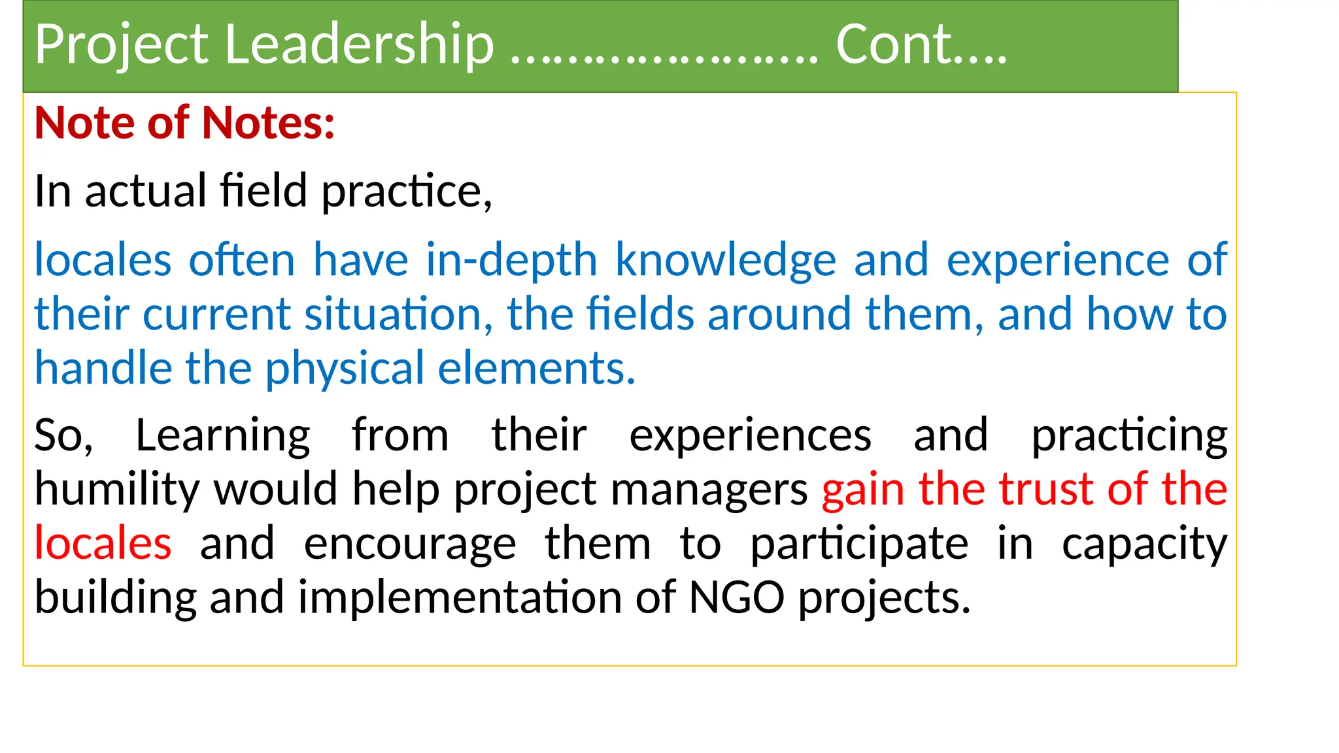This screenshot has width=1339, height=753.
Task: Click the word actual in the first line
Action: pyautogui.click(x=146, y=191)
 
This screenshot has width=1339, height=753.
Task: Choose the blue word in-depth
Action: pyautogui.click(x=511, y=260)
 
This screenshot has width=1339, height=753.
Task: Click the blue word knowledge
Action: pyautogui.click(x=725, y=260)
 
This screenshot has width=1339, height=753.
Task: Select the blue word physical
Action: pyautogui.click(x=345, y=369)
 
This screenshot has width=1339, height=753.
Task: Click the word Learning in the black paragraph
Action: pyautogui.click(x=222, y=436)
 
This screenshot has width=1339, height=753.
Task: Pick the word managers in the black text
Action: pyautogui.click(x=709, y=490)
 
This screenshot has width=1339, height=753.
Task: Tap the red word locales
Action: pyautogui.click(x=103, y=543)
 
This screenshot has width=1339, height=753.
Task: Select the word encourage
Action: pyautogui.click(x=410, y=544)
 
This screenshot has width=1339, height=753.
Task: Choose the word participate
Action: pyautogui.click(x=858, y=544)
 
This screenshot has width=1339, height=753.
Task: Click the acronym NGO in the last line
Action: pyautogui.click(x=736, y=597)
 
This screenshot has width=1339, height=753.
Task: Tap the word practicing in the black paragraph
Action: pyautogui.click(x=1129, y=436)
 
